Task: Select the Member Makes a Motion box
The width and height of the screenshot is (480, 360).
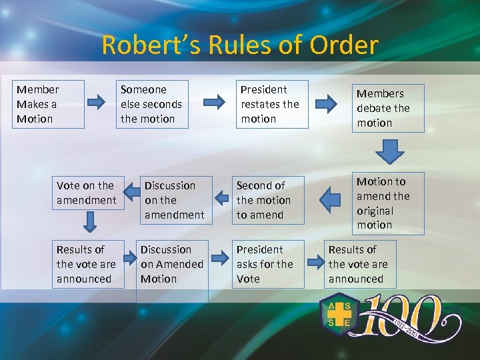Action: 49,104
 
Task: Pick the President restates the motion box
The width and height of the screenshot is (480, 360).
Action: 273,104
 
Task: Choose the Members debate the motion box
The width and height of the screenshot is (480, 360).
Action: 389,108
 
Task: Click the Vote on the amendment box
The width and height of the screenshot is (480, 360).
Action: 87,193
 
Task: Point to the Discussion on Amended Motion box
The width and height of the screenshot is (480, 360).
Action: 173,267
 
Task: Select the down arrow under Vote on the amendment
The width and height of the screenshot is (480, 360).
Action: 87,221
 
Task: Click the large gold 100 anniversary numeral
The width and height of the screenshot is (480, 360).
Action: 407,317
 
